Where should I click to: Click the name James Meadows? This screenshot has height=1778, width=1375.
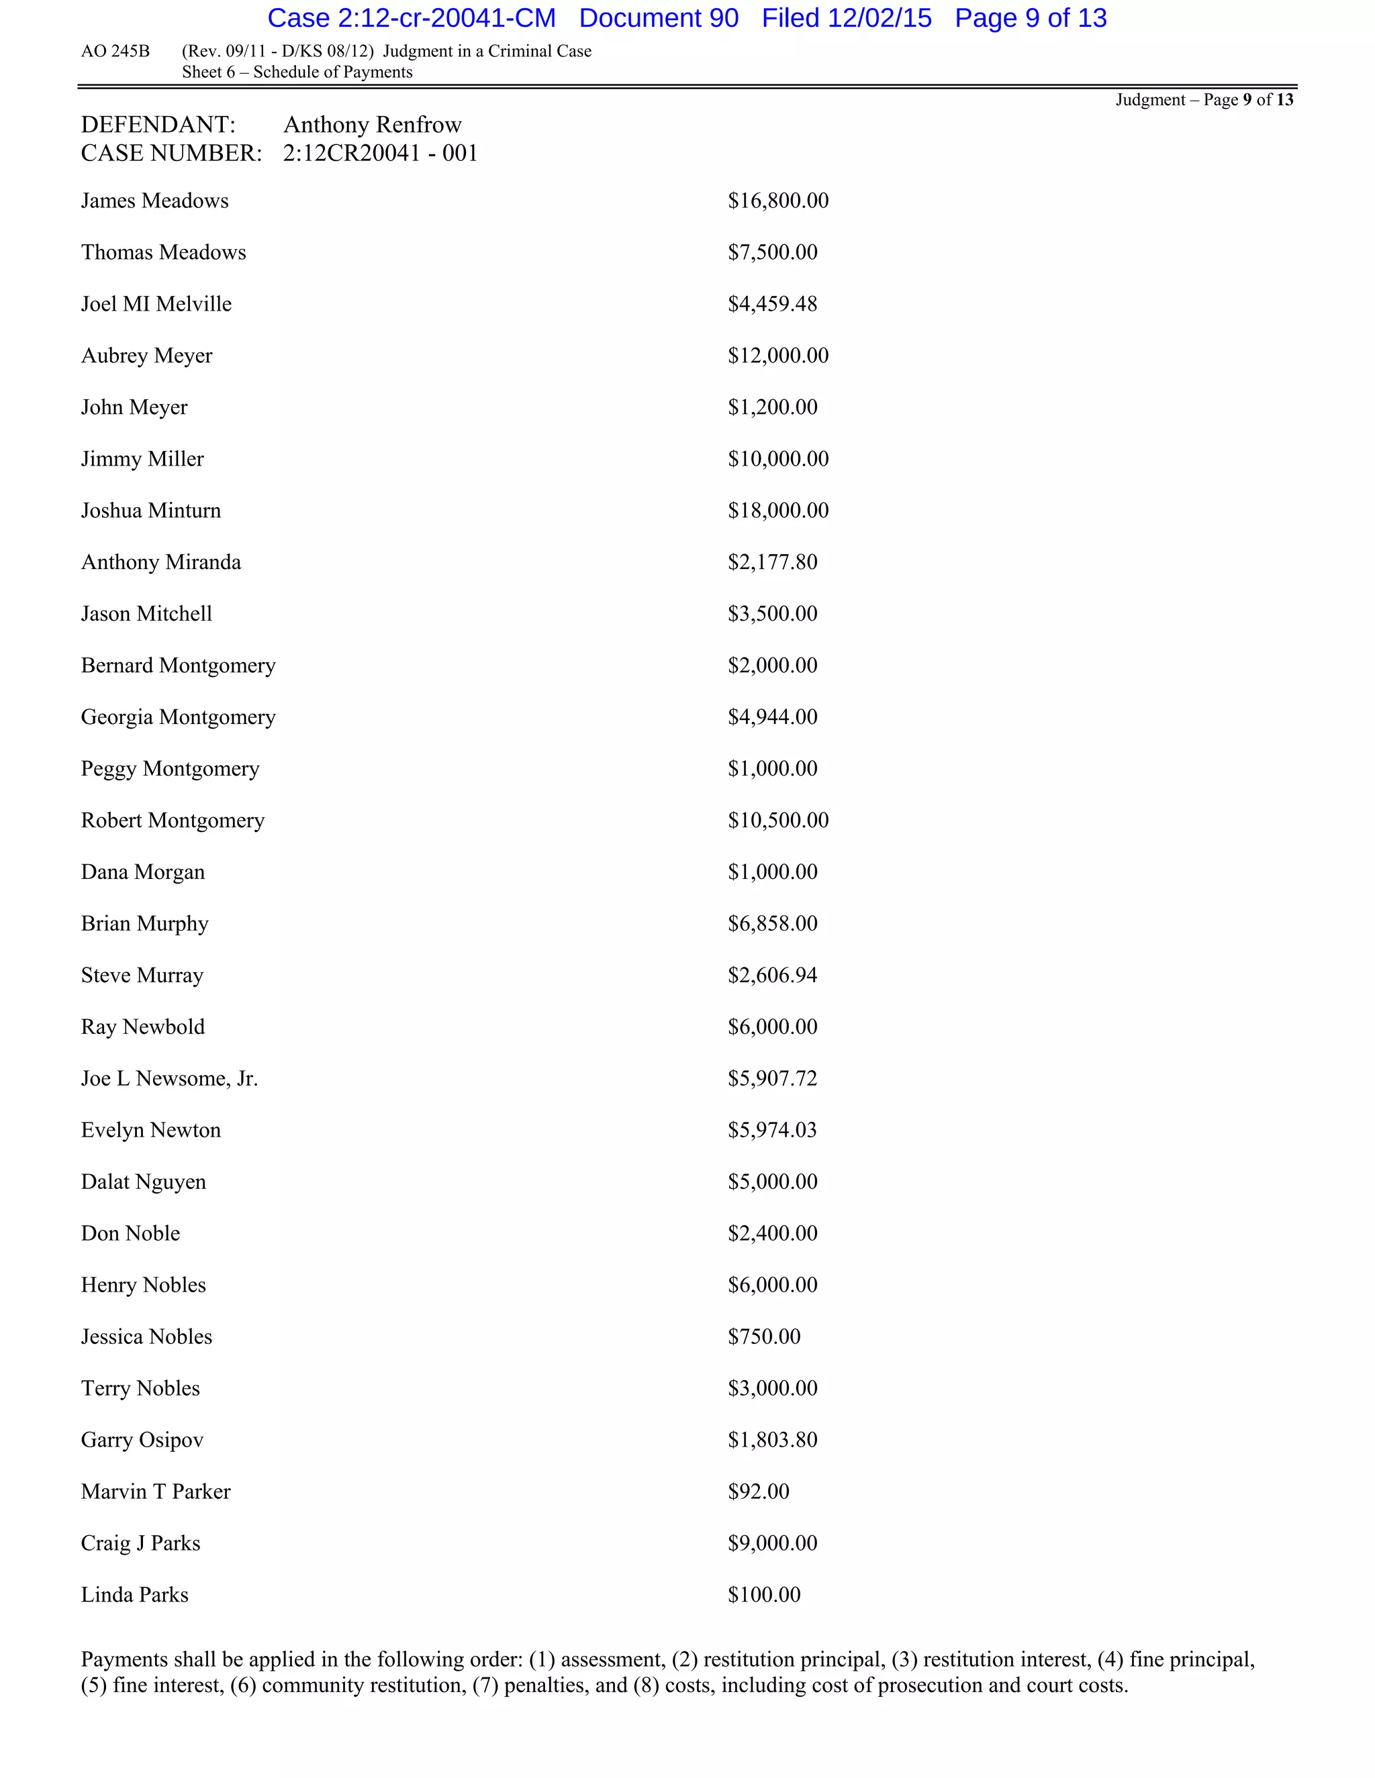tap(155, 201)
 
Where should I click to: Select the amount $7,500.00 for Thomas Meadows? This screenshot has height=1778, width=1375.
tap(772, 252)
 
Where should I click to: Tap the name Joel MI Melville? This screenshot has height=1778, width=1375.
tap(156, 305)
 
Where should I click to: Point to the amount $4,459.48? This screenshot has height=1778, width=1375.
tap(772, 305)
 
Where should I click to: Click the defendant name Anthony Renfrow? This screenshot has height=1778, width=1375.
tap(372, 125)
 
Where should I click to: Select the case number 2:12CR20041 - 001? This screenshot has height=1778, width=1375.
tap(381, 153)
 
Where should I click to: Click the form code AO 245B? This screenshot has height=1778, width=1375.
tap(115, 51)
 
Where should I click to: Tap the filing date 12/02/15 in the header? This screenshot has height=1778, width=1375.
tap(880, 18)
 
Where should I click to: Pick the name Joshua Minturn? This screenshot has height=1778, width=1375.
tap(150, 511)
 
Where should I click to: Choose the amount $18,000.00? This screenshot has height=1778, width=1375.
tap(778, 511)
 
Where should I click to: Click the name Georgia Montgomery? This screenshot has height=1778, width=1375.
tap(179, 717)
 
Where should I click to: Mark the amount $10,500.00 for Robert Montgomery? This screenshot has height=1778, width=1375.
tap(778, 821)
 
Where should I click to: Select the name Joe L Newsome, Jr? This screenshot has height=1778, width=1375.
tap(169, 1079)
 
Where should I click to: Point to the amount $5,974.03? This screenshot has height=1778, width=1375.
tap(772, 1130)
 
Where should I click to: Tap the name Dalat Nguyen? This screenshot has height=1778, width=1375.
tap(144, 1182)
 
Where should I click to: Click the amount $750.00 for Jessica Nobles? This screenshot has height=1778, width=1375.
tap(764, 1337)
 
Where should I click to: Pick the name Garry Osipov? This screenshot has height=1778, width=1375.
tap(142, 1440)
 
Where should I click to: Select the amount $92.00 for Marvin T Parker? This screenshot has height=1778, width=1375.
tap(759, 1492)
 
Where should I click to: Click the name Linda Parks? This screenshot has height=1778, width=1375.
tap(134, 1595)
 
